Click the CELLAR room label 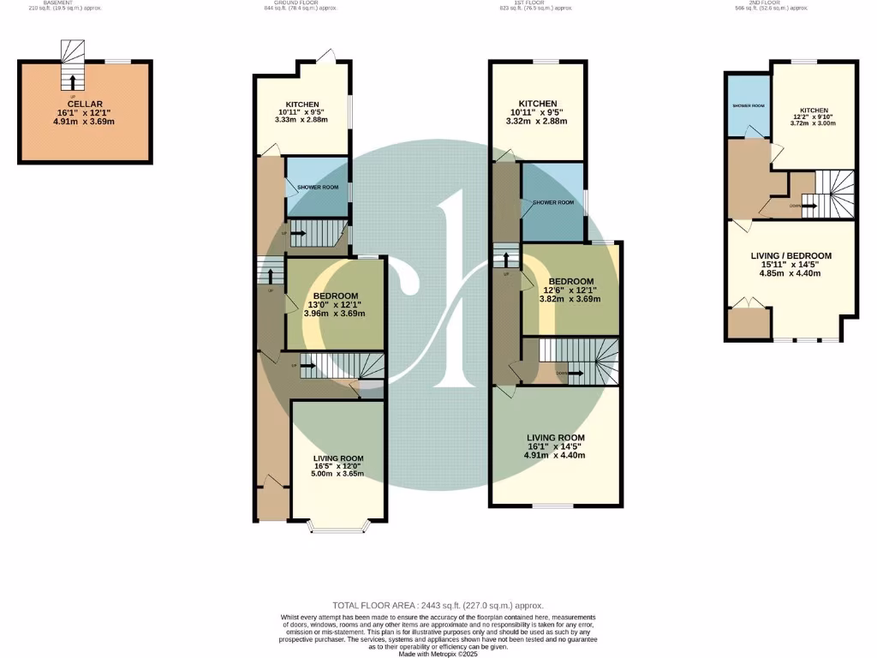point(85,104)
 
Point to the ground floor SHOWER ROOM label point(318,187)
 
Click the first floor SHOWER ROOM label point(553,203)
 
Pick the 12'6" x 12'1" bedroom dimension point(570,290)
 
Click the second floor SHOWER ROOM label point(748,106)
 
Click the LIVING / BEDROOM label point(790,255)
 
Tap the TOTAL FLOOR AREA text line point(438,606)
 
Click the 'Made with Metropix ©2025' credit point(438,655)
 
